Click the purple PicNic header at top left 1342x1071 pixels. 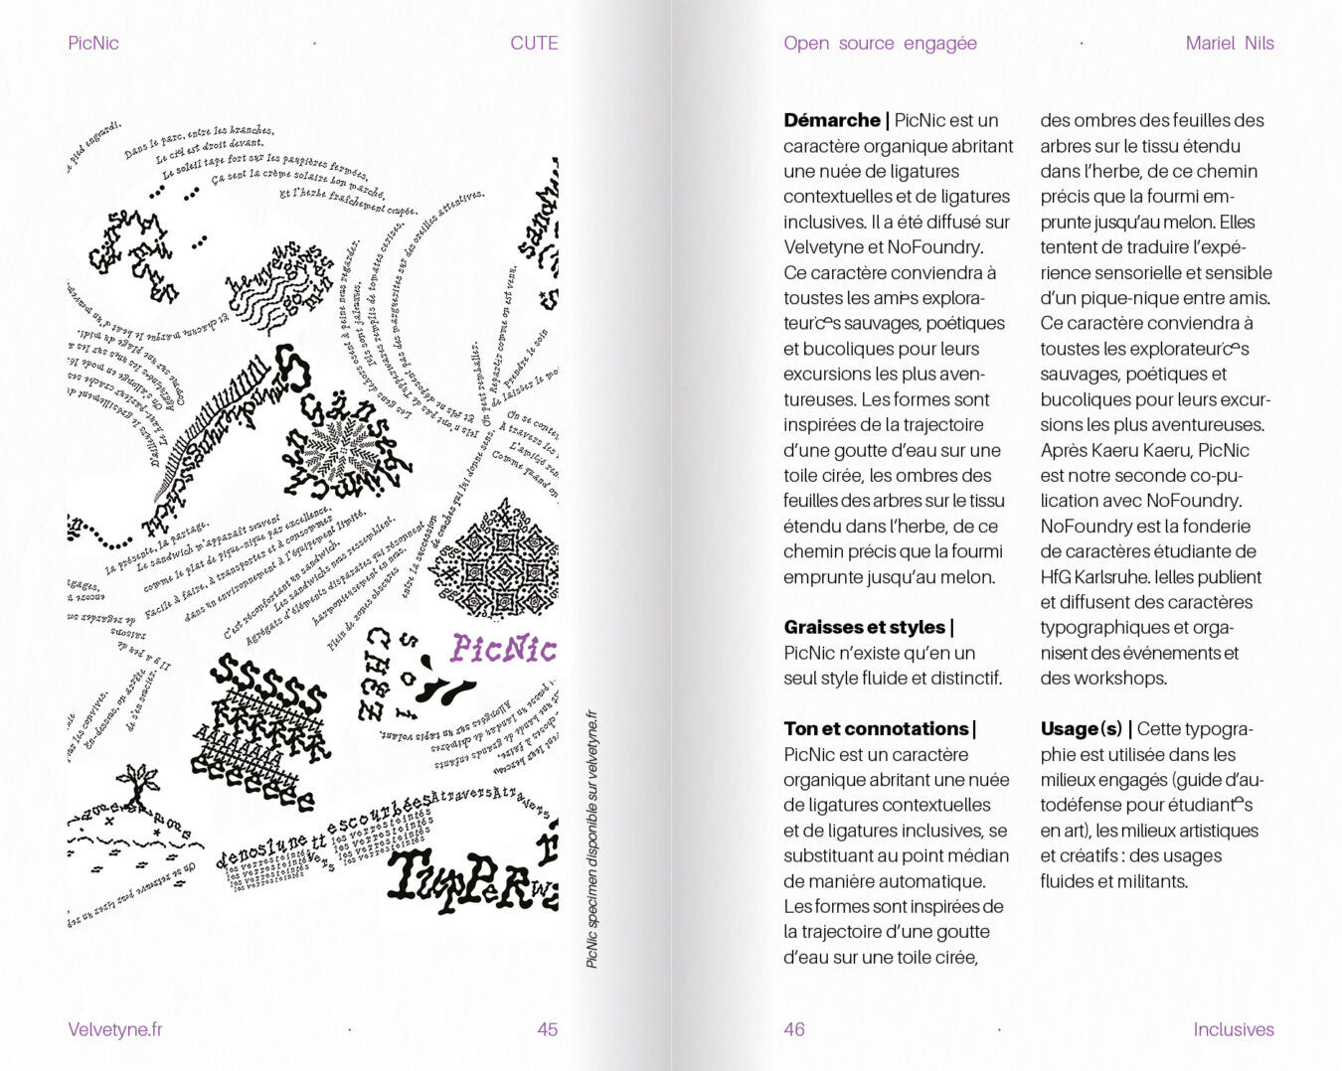tap(93, 43)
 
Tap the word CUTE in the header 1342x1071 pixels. tap(534, 43)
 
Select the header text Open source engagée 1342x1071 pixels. tap(880, 43)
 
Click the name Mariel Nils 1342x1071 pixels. tap(1229, 43)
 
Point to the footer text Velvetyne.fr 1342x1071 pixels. tap(115, 1029)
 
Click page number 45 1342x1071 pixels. tap(547, 1029)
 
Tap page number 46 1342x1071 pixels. tap(794, 1029)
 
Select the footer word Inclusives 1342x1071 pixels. tap(1233, 1029)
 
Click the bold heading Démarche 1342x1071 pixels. tap(832, 120)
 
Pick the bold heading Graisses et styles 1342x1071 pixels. tap(864, 627)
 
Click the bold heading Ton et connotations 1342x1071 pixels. tap(876, 728)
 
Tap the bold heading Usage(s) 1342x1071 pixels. tap(1082, 728)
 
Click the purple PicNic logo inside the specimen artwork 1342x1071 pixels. tap(503, 649)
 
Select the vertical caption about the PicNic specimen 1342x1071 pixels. tap(591, 840)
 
